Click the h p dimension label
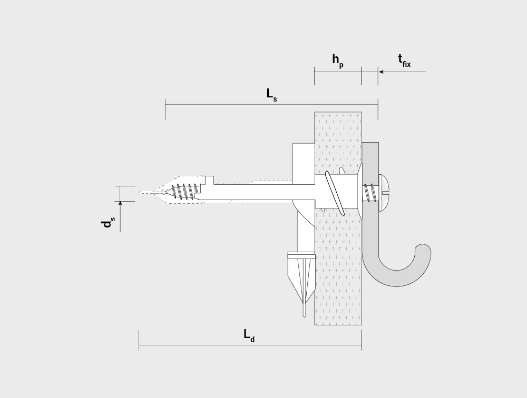pyautogui.click(x=338, y=61)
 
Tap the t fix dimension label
pyautogui.click(x=404, y=61)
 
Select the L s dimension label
pyautogui.click(x=271, y=95)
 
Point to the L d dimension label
pyautogui.click(x=249, y=335)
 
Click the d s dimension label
pyautogui.click(x=108, y=222)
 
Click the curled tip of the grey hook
pyautogui.click(x=423, y=250)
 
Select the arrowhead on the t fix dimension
pyautogui.click(x=381, y=72)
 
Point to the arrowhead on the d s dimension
pyautogui.click(x=120, y=203)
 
